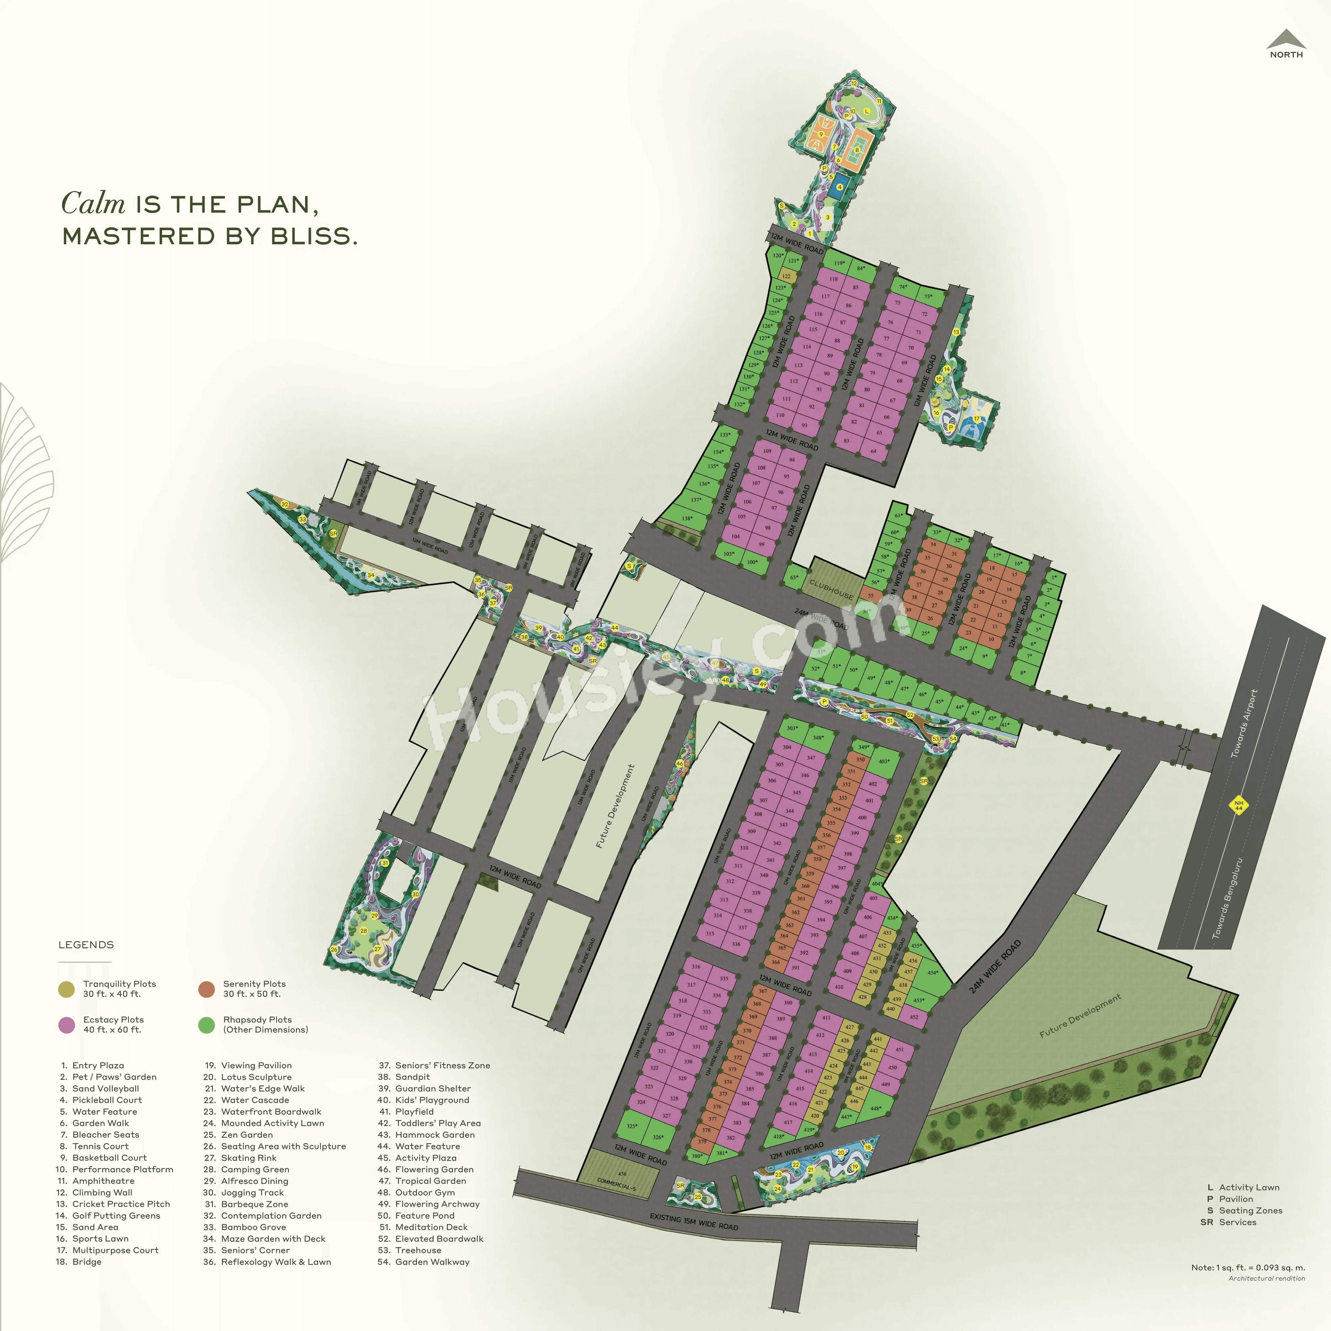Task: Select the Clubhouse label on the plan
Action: pyautogui.click(x=831, y=590)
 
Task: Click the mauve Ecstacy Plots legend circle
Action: pyautogui.click(x=67, y=1025)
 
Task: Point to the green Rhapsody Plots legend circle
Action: pyautogui.click(x=206, y=1025)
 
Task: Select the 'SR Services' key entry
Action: pyautogui.click(x=1228, y=1222)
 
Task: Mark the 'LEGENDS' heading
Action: pyautogui.click(x=86, y=945)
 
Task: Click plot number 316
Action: pyautogui.click(x=696, y=967)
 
